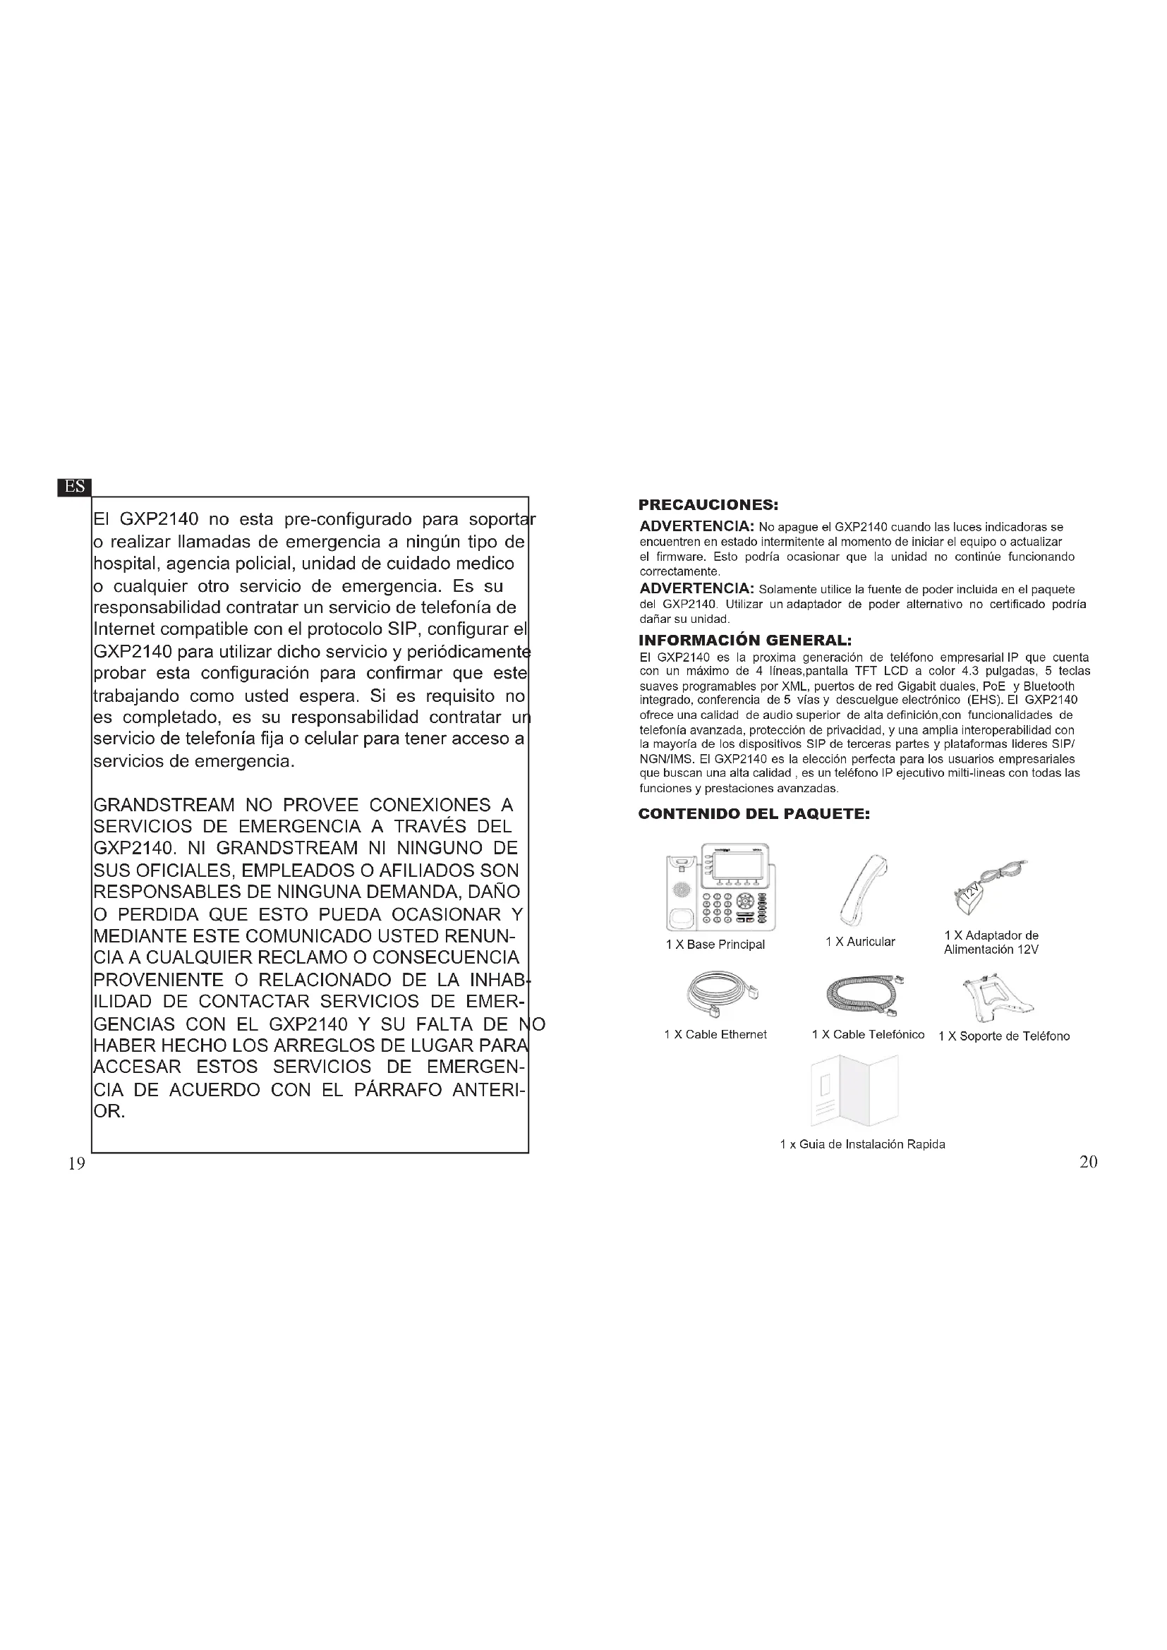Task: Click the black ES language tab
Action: pyautogui.click(x=74, y=487)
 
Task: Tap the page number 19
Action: pyautogui.click(x=76, y=1163)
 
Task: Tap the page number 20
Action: pyautogui.click(x=1088, y=1162)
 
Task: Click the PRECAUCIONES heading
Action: pyautogui.click(x=708, y=505)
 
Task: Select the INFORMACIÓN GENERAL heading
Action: pyautogui.click(x=745, y=640)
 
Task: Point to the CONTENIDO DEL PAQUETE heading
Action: pyautogui.click(x=754, y=814)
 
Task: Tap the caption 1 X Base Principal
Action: pyautogui.click(x=715, y=945)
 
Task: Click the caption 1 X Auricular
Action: pyautogui.click(x=860, y=942)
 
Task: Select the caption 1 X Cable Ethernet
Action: pyautogui.click(x=715, y=1034)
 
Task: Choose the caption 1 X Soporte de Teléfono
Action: pyautogui.click(x=1004, y=1036)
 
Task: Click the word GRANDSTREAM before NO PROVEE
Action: pyautogui.click(x=164, y=805)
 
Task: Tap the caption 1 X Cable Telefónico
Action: pyautogui.click(x=868, y=1034)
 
